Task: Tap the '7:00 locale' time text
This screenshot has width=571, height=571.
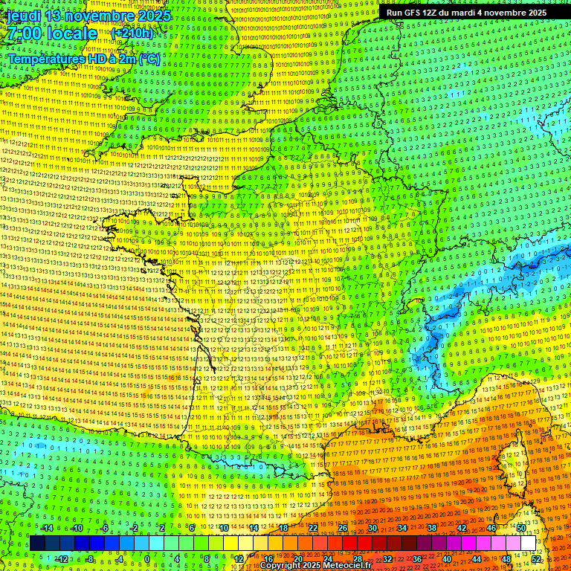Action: coord(52,33)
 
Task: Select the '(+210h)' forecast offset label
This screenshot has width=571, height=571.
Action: coord(132,33)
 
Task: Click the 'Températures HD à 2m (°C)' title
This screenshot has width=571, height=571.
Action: coord(83,58)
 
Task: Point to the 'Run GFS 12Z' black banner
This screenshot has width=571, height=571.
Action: coord(466,13)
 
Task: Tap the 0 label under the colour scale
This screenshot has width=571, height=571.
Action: coord(147,559)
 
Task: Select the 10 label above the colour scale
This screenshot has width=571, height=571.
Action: coord(224,528)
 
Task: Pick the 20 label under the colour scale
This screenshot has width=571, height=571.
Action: coord(297,559)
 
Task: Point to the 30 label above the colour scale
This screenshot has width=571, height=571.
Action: coord(372,528)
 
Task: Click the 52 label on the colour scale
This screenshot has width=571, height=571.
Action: coord(537,559)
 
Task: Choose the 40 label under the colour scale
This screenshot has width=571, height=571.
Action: coord(446,559)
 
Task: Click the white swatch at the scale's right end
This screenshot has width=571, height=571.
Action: coord(528,543)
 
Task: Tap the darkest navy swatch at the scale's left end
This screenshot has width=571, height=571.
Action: coord(37,543)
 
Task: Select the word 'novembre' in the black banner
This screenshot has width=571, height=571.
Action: coord(514,13)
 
